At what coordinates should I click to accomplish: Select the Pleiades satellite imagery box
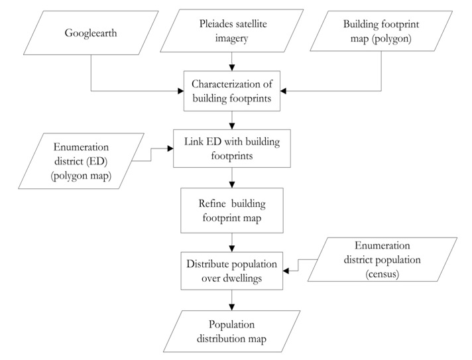(x=231, y=32)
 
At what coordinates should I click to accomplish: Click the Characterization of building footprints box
(x=231, y=92)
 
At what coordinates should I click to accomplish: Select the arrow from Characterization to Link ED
(x=231, y=120)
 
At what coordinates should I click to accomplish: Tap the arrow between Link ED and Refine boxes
(x=231, y=178)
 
